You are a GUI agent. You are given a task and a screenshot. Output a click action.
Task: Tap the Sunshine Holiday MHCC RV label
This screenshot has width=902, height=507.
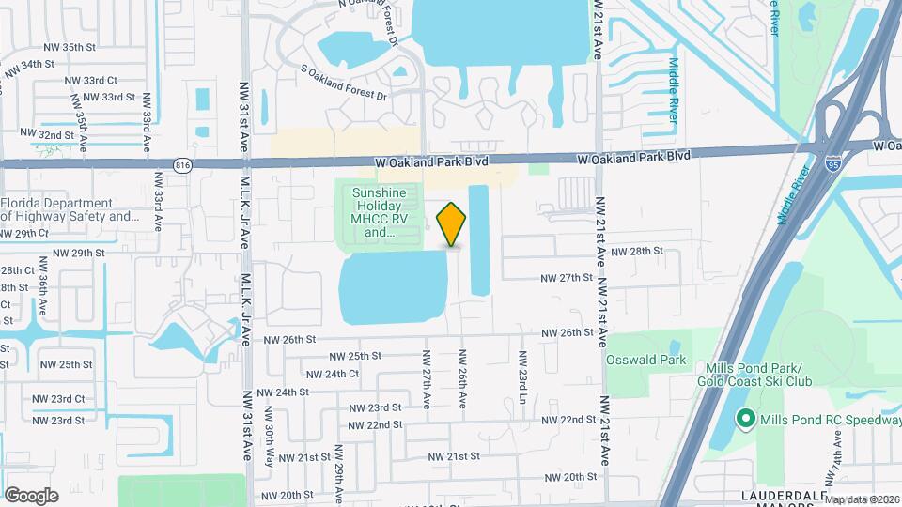click(x=380, y=212)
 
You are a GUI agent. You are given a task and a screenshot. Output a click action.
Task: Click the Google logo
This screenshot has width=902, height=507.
click(x=31, y=495)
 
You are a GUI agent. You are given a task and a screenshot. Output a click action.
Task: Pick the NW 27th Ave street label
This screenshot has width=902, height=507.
click(x=427, y=379)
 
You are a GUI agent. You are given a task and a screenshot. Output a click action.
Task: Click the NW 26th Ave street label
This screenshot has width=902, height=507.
click(x=462, y=379)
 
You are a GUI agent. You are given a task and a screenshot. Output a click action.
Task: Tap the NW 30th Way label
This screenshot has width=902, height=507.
click(x=270, y=432)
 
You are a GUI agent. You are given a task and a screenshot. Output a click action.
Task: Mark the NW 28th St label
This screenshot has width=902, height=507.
click(x=637, y=252)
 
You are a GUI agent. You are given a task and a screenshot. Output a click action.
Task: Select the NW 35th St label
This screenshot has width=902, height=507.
click(x=70, y=47)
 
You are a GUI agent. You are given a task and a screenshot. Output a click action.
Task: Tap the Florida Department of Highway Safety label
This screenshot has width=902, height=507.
click(x=70, y=209)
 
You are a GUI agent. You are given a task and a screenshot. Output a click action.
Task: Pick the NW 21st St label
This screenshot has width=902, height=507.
click(x=455, y=456)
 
